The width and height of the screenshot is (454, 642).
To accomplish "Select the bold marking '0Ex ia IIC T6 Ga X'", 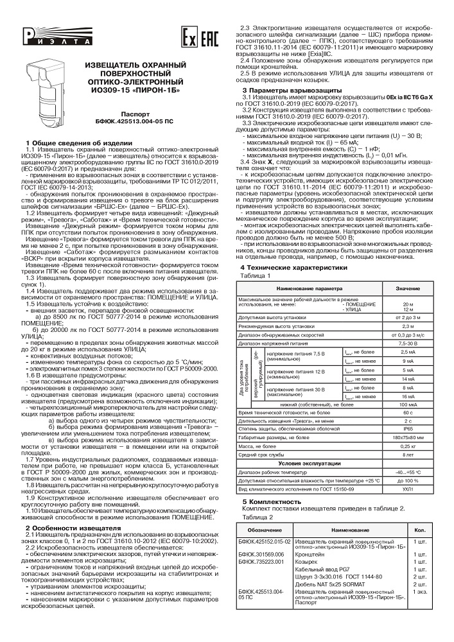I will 406,96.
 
